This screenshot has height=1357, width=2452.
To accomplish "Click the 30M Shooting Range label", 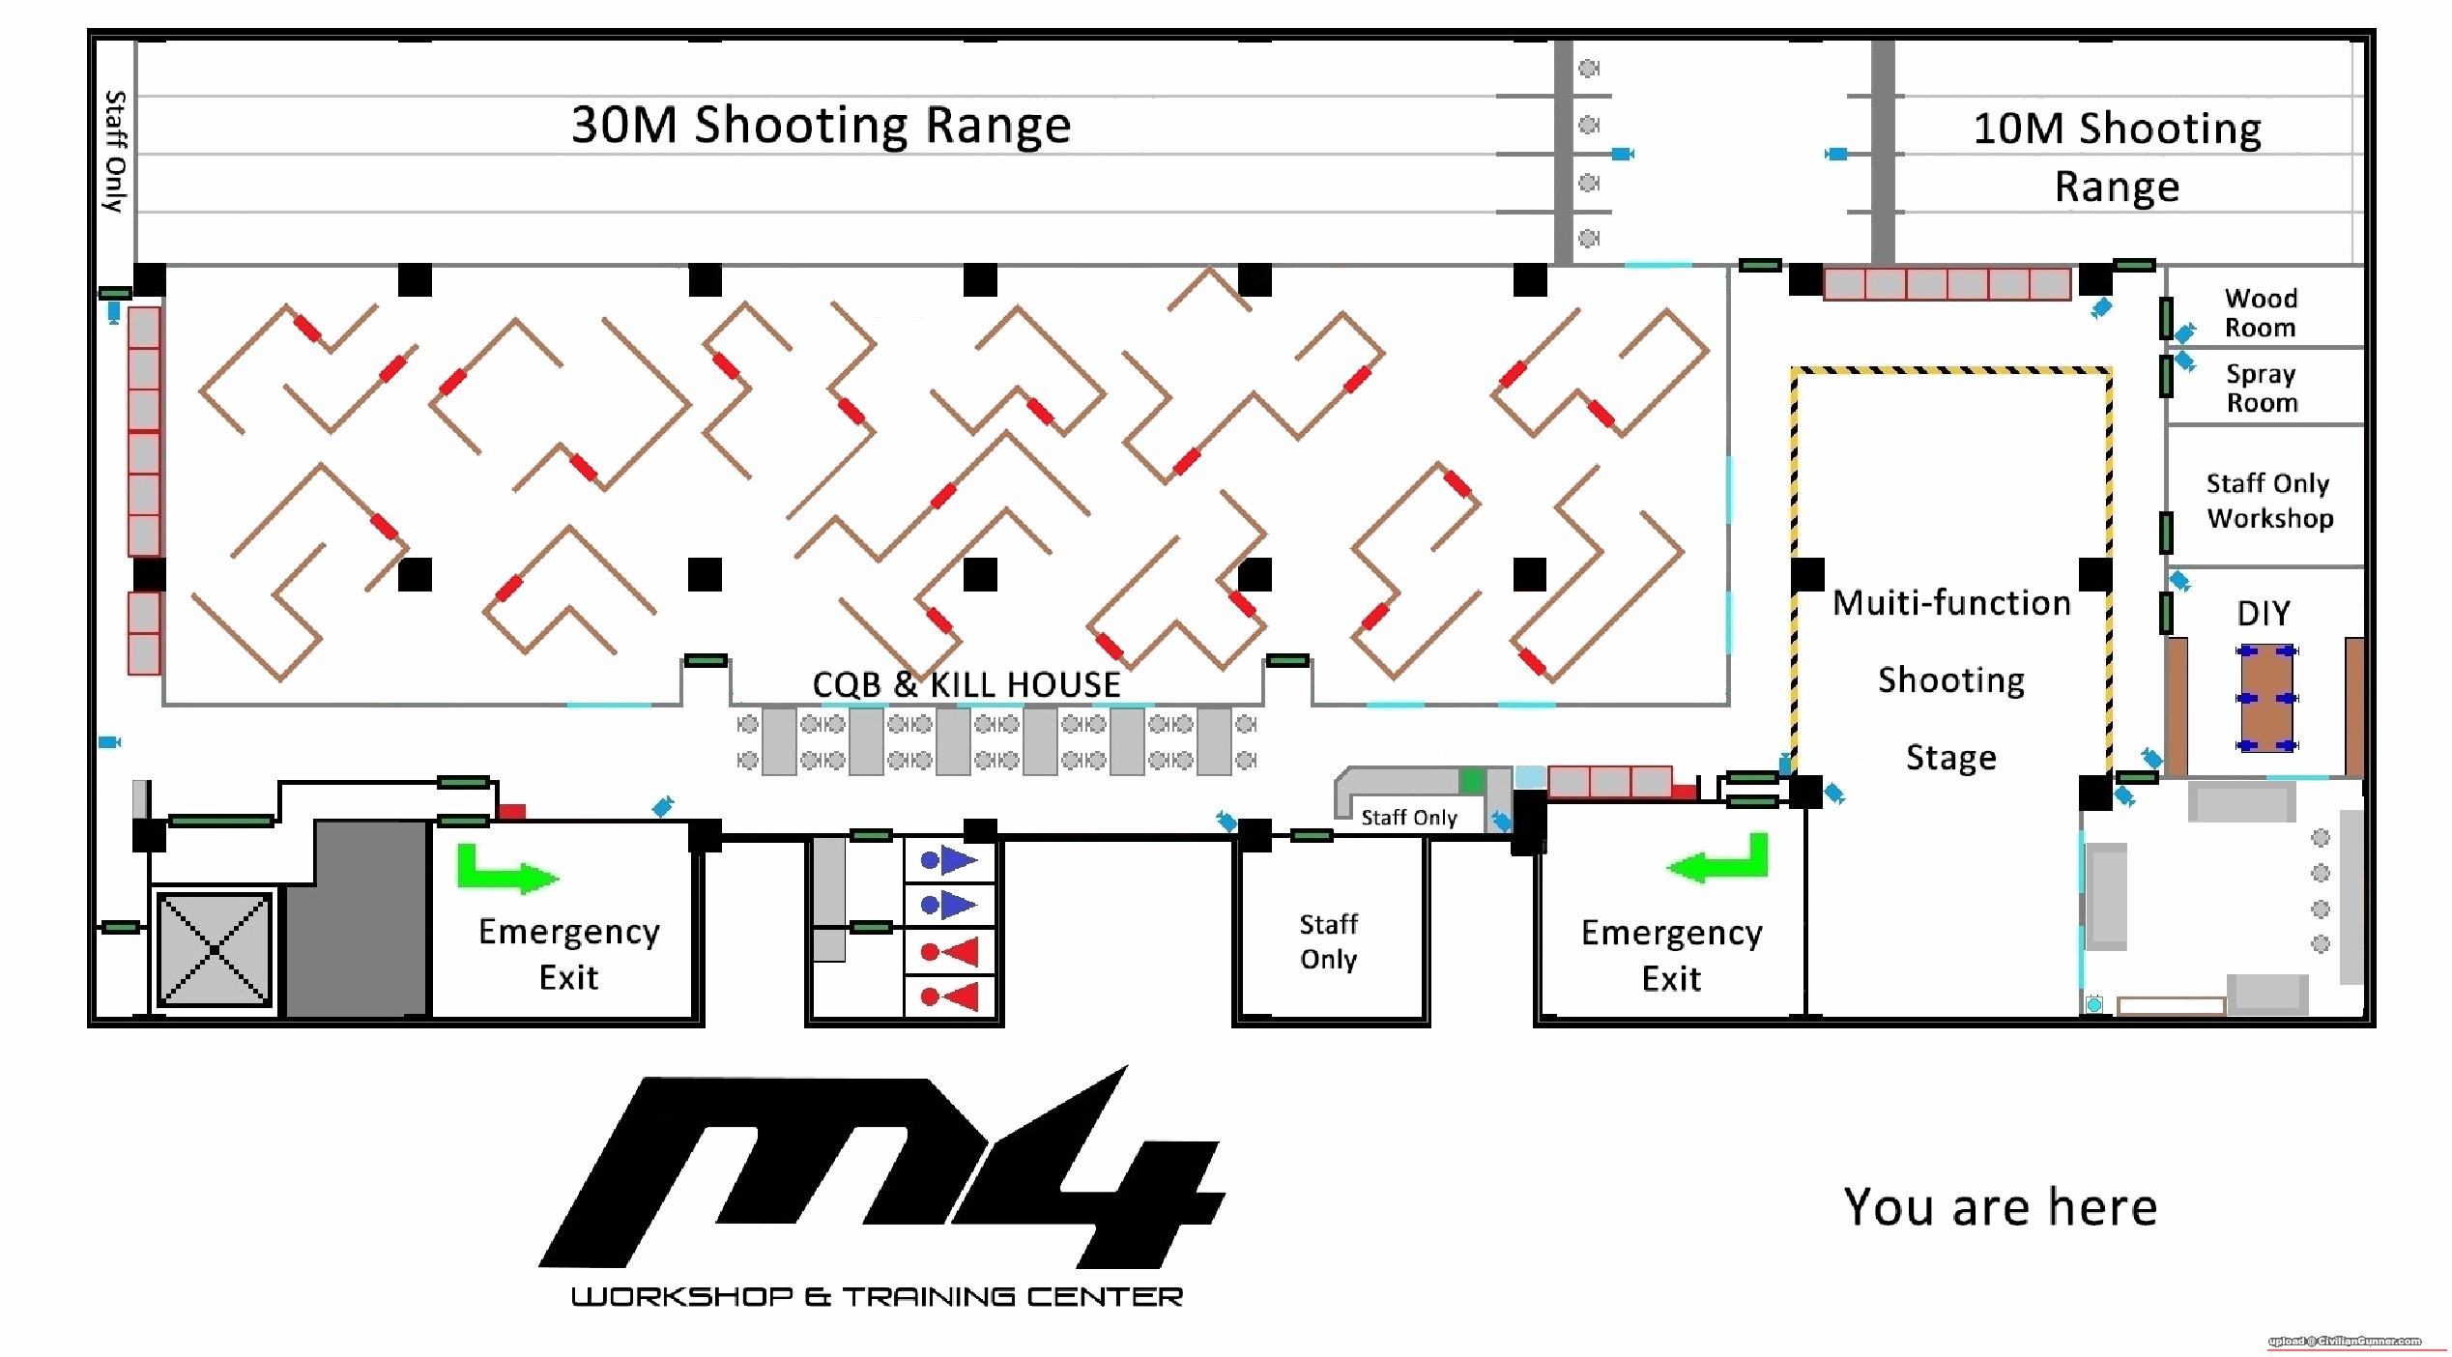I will point(821,126).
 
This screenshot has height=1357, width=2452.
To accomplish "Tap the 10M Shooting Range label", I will point(2116,157).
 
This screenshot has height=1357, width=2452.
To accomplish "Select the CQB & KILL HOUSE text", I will point(966,684).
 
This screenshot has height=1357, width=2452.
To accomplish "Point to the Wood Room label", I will point(2260,312).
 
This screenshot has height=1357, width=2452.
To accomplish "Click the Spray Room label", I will point(2261,388).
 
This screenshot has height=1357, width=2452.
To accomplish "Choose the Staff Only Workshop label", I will point(2268,501).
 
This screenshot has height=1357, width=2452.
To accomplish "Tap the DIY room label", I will point(2263,613).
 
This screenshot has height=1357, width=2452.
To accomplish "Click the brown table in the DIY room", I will point(2265,698).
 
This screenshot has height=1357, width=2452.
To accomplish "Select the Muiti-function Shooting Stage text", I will point(1950,679).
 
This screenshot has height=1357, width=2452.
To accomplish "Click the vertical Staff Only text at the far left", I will point(115,151).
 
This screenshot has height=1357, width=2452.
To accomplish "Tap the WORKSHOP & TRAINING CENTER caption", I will point(877,1297).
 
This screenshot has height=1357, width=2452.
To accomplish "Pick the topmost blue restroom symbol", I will point(948,859).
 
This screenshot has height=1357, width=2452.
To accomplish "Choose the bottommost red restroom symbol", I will point(949,996).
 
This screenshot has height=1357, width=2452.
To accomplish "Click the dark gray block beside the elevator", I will point(357,918).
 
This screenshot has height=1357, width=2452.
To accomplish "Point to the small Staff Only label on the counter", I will point(1408,818).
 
